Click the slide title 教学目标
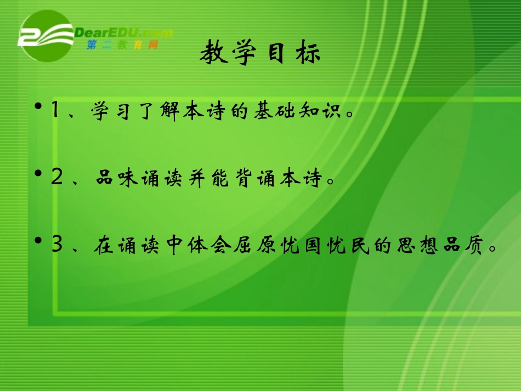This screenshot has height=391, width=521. pyautogui.click(x=259, y=54)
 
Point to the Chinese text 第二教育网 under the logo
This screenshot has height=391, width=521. pyautogui.click(x=122, y=45)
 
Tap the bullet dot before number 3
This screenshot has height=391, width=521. pyautogui.click(x=38, y=241)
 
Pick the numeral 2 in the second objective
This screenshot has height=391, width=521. pyautogui.click(x=56, y=178)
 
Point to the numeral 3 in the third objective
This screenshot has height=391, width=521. pyautogui.click(x=56, y=244)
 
